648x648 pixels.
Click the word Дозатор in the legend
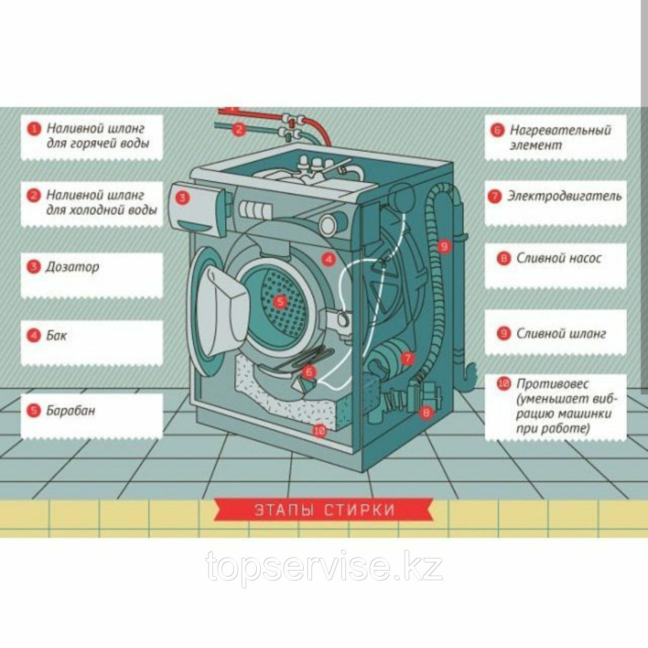[x=72, y=267]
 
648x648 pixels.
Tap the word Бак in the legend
[x=56, y=335]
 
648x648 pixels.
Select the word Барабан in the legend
[x=70, y=411]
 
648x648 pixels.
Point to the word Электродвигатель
[x=564, y=196]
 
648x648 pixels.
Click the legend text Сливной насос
[x=558, y=258]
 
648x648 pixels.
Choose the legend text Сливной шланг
[x=561, y=334]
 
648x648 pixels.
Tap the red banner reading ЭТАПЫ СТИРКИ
[x=324, y=510]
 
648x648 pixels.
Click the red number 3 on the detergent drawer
[x=183, y=197]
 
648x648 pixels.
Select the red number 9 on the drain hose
[x=444, y=247]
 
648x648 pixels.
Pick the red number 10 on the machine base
[x=319, y=431]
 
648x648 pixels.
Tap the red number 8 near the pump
[x=426, y=413]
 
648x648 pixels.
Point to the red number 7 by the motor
[x=407, y=358]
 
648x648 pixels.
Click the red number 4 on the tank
[x=329, y=260]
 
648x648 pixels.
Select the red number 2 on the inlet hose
[x=239, y=130]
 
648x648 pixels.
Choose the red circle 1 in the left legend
[x=33, y=129]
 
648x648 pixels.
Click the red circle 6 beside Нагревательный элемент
[x=497, y=130]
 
